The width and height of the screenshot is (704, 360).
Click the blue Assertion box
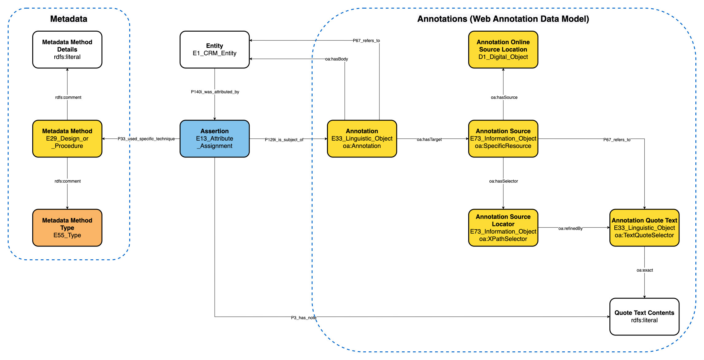tap(214, 138)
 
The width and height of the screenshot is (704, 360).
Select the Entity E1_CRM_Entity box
tap(214, 49)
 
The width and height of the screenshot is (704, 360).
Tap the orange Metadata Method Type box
tap(67, 228)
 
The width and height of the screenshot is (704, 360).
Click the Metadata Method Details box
tap(67, 49)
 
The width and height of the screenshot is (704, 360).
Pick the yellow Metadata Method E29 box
tap(67, 138)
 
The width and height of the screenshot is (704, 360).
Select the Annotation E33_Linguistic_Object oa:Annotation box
tap(362, 138)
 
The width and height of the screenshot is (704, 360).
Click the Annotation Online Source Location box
tap(503, 49)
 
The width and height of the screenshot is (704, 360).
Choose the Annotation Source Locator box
tap(503, 228)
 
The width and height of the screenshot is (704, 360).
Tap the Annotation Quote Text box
tap(644, 228)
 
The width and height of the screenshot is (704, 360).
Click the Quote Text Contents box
tap(644, 316)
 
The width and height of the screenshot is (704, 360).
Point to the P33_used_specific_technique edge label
tap(146, 139)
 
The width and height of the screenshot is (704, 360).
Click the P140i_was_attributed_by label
tap(215, 92)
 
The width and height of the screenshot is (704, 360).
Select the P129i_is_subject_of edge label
tap(284, 140)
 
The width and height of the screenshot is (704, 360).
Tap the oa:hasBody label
tap(336, 59)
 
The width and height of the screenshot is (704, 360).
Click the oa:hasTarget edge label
tap(429, 139)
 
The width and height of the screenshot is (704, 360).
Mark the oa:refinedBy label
tap(570, 228)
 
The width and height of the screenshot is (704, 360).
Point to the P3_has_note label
tap(303, 318)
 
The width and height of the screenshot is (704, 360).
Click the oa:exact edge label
tap(644, 270)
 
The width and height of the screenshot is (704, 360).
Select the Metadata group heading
tap(69, 19)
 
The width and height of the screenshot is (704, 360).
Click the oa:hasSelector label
tap(503, 181)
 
